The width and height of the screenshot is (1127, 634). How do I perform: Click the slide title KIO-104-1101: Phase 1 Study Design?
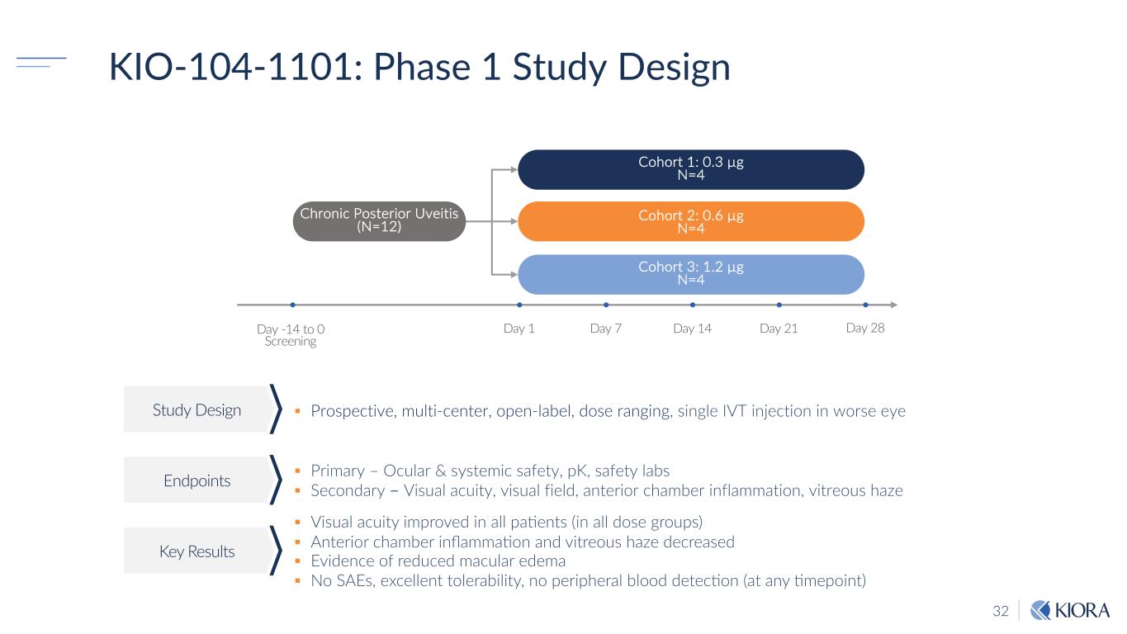(419, 68)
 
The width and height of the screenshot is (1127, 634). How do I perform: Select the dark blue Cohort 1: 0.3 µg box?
(690, 168)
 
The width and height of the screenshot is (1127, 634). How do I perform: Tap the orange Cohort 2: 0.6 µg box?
(690, 221)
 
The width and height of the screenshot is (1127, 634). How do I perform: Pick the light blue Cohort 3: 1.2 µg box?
(690, 273)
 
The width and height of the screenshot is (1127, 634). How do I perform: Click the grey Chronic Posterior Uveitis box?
(380, 220)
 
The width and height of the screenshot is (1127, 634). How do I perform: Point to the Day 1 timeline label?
(519, 329)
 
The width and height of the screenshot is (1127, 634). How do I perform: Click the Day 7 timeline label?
(606, 329)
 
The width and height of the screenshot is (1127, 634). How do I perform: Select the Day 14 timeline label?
(692, 329)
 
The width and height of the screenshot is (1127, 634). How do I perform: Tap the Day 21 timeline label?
(779, 329)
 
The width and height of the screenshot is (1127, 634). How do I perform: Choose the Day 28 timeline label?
(865, 328)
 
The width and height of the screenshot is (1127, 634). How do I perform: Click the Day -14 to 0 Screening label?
(291, 335)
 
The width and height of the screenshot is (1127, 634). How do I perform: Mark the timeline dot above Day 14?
(692, 305)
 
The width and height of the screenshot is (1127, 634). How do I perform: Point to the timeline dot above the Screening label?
(292, 305)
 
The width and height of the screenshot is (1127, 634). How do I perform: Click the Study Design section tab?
(197, 409)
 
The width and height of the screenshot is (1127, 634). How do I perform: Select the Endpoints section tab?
(197, 480)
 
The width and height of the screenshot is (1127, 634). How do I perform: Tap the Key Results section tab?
(197, 551)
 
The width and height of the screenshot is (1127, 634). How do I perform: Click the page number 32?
(1001, 612)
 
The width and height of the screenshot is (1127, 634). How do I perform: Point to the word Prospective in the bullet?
(350, 410)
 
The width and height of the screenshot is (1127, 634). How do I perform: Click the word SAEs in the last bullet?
(351, 580)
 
